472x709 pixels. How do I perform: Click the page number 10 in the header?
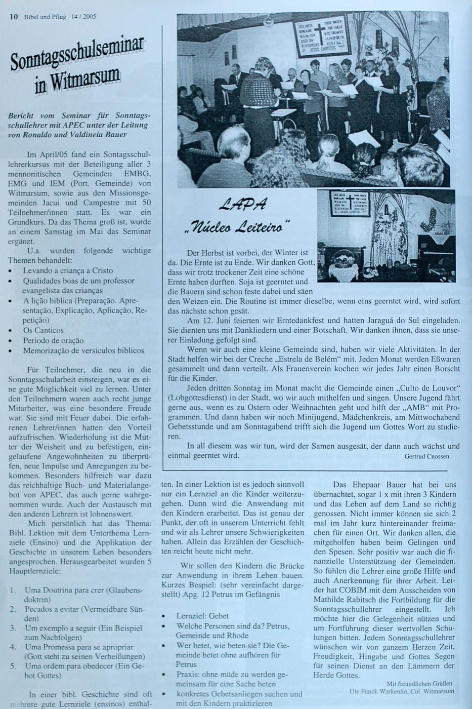click(14, 17)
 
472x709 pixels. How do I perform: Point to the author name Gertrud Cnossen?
click(426, 456)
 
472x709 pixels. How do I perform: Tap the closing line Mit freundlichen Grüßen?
click(420, 683)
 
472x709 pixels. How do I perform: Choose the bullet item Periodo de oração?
click(53, 340)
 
